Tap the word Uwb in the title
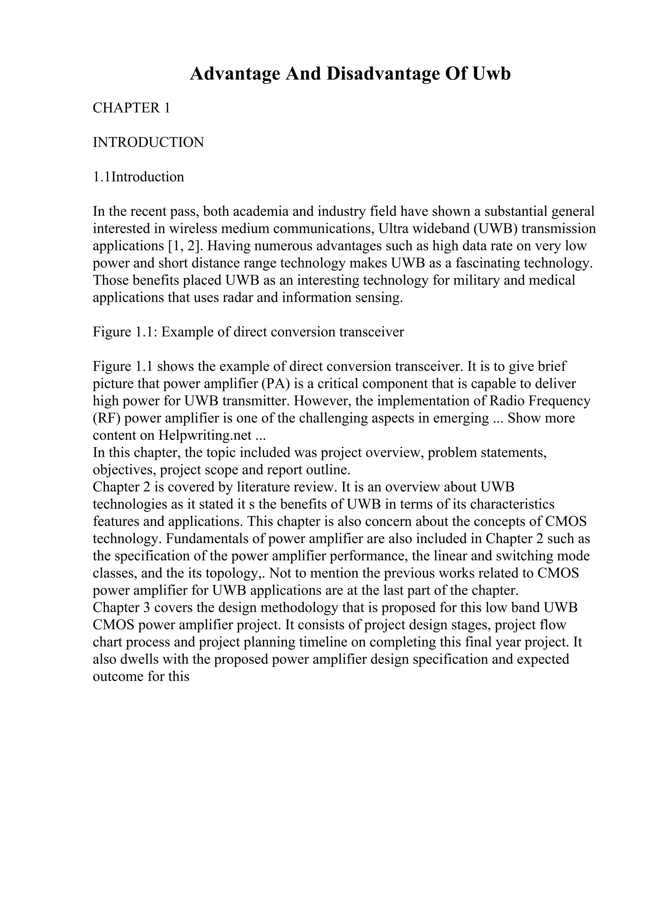point(492,74)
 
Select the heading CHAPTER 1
point(132,108)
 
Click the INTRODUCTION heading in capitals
point(148,142)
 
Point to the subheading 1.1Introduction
point(138,177)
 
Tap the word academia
point(260,211)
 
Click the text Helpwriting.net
point(205,436)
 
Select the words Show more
point(541,418)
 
